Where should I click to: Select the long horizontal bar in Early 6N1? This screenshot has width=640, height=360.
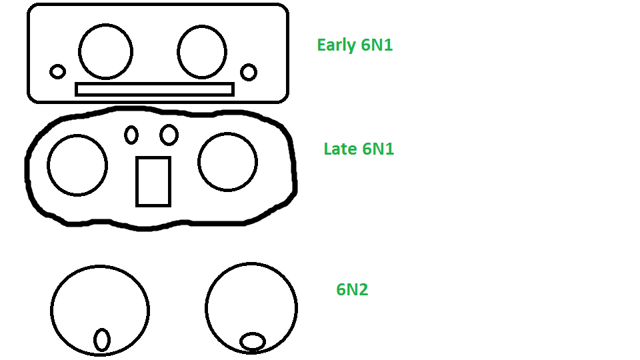pos(154,83)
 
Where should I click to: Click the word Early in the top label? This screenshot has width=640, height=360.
pos(337,45)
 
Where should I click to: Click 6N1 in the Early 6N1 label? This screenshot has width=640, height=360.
pos(377,45)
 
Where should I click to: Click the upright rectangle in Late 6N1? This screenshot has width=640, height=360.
pos(137,181)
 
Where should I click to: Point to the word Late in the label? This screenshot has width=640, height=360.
pos(341,149)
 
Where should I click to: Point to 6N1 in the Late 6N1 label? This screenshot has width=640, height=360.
pos(378,149)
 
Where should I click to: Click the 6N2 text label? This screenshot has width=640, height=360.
pos(352,289)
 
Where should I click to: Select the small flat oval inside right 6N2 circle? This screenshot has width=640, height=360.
pos(253,333)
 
